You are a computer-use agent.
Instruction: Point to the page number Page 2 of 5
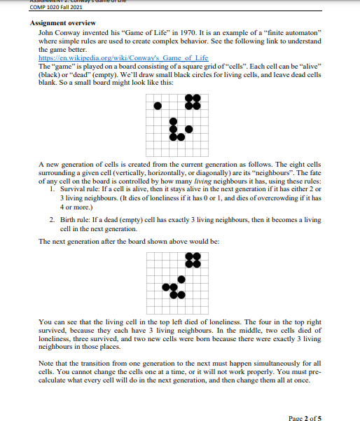[x=304, y=399]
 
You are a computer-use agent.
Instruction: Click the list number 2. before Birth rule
[x=54, y=220]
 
